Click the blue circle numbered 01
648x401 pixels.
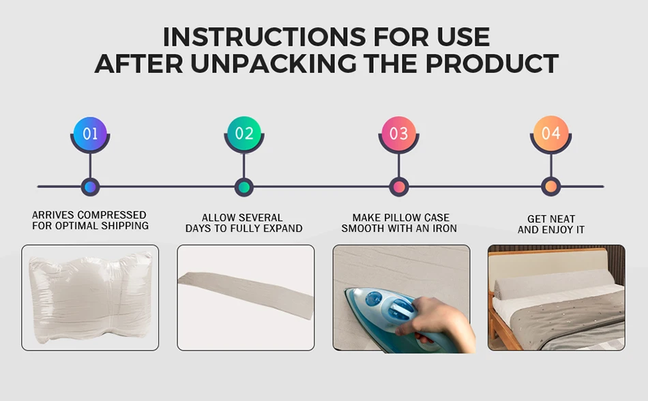point(90,134)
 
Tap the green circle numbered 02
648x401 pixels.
point(244,134)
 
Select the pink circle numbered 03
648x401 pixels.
point(398,134)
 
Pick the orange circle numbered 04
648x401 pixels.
point(551,133)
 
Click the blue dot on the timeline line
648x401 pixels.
point(90,187)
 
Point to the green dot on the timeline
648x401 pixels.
point(244,187)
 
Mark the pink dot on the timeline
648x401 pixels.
point(399,187)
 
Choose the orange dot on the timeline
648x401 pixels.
point(551,187)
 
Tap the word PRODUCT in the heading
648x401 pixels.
point(492,63)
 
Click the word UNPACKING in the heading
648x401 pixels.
point(273,63)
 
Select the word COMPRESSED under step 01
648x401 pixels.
point(112,215)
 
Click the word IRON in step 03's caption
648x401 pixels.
point(445,228)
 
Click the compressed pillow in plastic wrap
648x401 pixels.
point(91,297)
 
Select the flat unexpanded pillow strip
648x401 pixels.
point(246,295)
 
